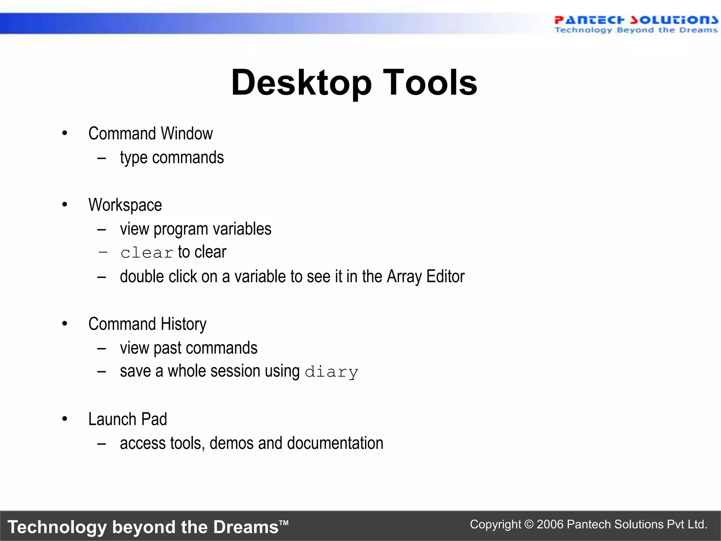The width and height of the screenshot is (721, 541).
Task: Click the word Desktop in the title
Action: pyautogui.click(x=301, y=83)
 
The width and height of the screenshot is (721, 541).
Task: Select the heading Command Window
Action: pyautogui.click(x=150, y=133)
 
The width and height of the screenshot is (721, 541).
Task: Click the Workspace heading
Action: pyautogui.click(x=125, y=205)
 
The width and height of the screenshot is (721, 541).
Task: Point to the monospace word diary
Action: pyautogui.click(x=331, y=372)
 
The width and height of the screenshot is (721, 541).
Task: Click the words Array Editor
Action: pyautogui.click(x=426, y=276)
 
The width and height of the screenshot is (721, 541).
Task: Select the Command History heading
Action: pyautogui.click(x=147, y=324)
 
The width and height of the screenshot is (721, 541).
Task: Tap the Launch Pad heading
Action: pyautogui.click(x=127, y=419)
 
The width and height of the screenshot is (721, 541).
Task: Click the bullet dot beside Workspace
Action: pyautogui.click(x=64, y=205)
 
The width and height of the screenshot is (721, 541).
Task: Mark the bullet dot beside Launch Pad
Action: pyautogui.click(x=64, y=419)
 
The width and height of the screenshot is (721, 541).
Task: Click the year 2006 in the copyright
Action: pyautogui.click(x=550, y=524)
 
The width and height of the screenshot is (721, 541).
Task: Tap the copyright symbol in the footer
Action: pyautogui.click(x=529, y=524)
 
